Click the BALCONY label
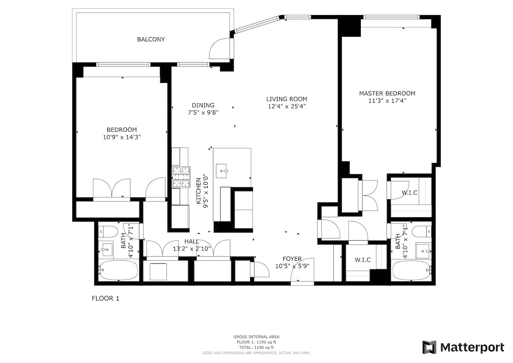pos(151,39)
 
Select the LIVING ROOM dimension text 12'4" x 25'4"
pos(286,106)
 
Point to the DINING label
pos(203,105)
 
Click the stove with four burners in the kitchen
pos(180,177)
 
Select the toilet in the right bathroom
pos(423,231)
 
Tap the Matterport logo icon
pos(429,347)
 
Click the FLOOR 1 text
pos(106,298)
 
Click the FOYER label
pos(292,259)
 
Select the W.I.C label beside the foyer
pos(363,260)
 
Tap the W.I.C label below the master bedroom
pos(410,193)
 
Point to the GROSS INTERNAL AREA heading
pos(256,337)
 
